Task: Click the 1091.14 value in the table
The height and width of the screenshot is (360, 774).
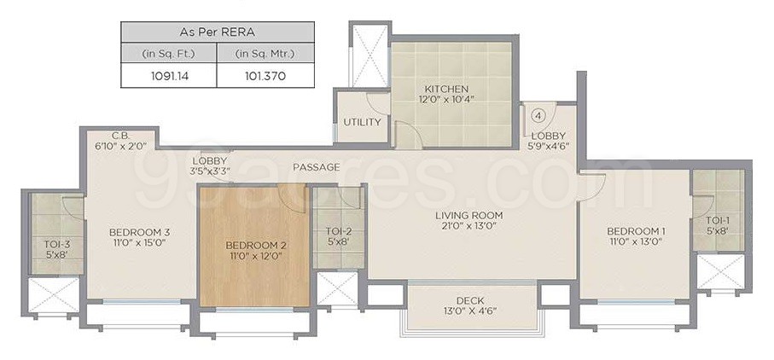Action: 169,77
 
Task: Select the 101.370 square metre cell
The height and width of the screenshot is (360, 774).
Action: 265,77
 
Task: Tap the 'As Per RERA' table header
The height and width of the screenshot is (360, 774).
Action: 218,32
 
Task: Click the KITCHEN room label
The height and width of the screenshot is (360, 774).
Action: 446,90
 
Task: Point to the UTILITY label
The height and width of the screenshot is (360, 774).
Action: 363,122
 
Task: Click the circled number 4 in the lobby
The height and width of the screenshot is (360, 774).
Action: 538,116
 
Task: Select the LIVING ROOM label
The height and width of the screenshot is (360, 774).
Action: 469,215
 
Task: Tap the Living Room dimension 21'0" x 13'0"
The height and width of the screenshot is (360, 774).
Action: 469,226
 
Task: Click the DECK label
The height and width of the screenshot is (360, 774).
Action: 470,300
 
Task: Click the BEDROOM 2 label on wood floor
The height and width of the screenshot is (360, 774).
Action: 256,245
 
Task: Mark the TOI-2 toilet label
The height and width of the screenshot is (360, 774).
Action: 339,231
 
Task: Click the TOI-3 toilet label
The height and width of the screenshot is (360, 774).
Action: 56,244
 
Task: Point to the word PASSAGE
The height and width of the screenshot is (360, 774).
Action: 317,167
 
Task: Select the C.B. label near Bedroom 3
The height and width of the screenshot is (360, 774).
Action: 120,135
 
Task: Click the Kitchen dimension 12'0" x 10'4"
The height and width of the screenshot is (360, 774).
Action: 446,99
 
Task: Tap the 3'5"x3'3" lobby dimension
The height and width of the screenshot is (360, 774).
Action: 210,171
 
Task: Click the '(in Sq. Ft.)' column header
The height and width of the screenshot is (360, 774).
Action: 169,53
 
